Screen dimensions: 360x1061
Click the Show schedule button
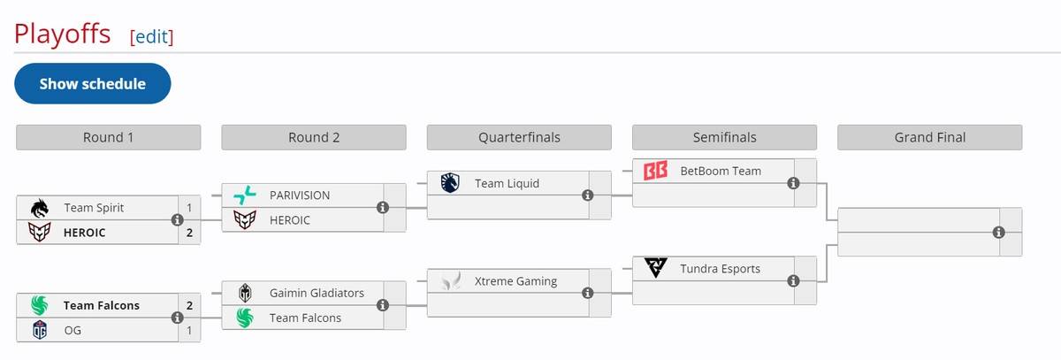coord(92,84)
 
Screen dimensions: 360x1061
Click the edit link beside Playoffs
coord(151,36)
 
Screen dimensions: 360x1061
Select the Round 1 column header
coord(109,137)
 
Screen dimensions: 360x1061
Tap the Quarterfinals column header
coord(519,137)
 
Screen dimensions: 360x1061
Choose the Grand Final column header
coord(929,137)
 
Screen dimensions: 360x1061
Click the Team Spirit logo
coord(39,208)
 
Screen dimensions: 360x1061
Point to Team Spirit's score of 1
coord(189,208)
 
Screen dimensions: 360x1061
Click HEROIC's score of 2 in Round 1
coord(189,233)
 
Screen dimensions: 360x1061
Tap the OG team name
coord(73,330)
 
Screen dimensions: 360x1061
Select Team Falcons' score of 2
coord(189,305)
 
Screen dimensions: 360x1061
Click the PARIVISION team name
coord(300,195)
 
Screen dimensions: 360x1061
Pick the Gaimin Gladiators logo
coord(244,293)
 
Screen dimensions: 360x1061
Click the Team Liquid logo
coord(449,183)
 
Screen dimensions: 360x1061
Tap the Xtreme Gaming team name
coord(516,280)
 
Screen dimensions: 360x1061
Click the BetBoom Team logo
coord(655,171)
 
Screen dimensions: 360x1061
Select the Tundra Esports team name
coord(720,268)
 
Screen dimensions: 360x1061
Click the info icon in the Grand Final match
coord(998,232)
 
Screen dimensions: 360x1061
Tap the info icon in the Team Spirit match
coord(177,220)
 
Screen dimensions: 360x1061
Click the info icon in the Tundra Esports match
coord(793,280)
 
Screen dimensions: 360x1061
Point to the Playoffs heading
coord(62,34)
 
